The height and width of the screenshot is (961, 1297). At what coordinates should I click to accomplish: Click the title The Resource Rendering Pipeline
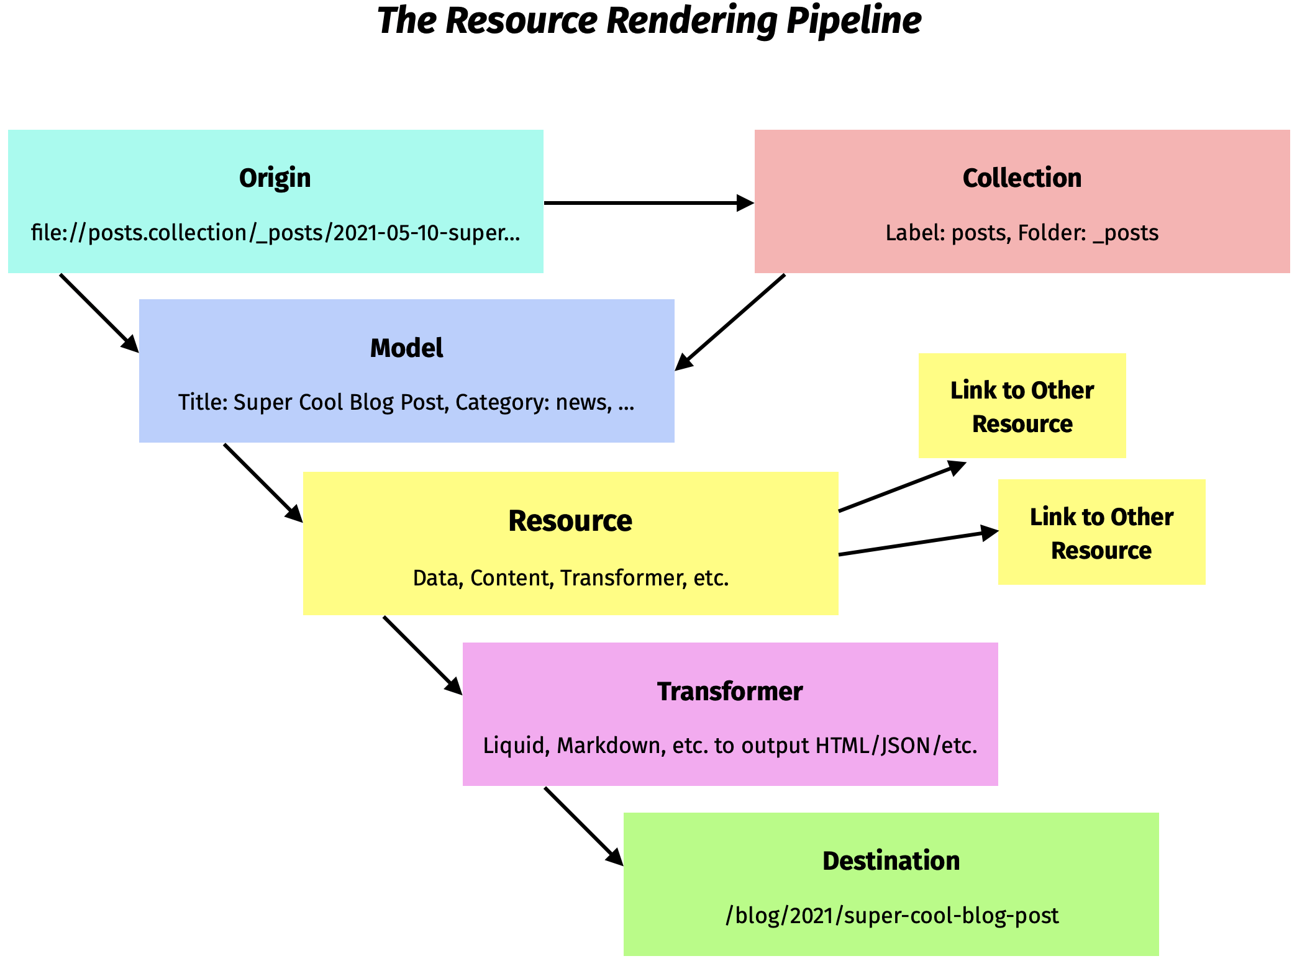pos(648,21)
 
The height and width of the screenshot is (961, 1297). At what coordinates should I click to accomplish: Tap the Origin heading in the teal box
pos(275,178)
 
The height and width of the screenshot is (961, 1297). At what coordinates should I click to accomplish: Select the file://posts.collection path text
pos(275,233)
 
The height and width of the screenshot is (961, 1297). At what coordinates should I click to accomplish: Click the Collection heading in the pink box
pos(1022,178)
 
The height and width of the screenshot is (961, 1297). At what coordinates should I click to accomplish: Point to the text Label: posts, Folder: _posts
pos(1022,233)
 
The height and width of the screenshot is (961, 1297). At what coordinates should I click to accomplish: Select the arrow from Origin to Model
pos(98,312)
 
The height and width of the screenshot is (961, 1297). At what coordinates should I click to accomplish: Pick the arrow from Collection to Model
pos(730,322)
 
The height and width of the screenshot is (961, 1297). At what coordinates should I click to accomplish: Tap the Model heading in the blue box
pos(406,348)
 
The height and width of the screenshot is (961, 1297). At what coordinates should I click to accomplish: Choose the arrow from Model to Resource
pos(262,482)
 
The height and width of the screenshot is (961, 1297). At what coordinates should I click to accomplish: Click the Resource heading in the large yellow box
pos(570,521)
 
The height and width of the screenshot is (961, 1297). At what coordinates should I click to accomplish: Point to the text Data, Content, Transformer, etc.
pos(570,578)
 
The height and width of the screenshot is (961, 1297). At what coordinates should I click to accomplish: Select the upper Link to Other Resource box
pos(1022,406)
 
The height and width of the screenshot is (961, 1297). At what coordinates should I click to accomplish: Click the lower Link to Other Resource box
pos(1101,532)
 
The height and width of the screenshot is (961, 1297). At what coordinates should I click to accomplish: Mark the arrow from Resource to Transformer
pos(422,654)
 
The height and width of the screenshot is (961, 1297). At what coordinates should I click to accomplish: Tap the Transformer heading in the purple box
pos(730,692)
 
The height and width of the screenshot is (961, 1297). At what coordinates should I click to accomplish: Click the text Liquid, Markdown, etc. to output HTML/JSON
pos(730,746)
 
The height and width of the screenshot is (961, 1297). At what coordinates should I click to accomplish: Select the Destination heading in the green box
pos(891,861)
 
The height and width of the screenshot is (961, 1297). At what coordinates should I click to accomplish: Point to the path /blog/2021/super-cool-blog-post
pos(891,916)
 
